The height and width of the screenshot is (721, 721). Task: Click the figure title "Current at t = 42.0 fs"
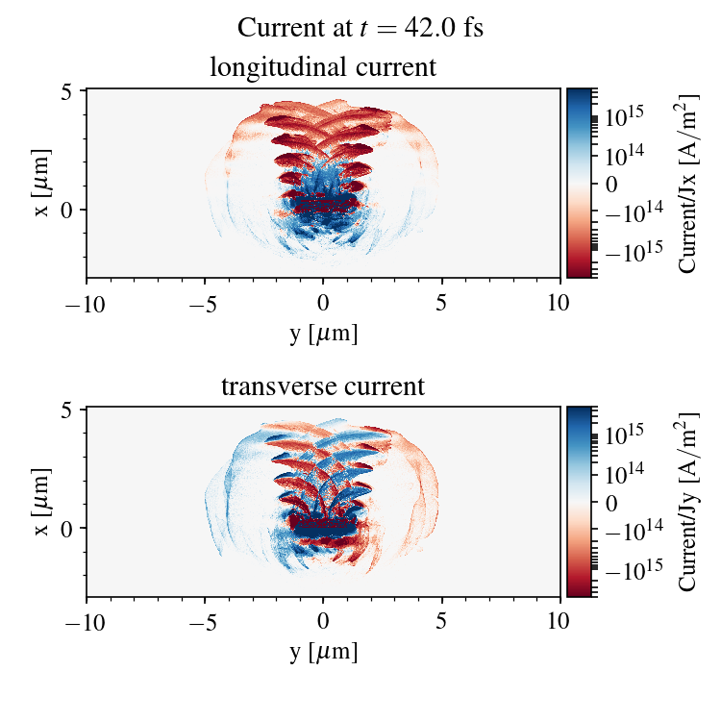pyautogui.click(x=360, y=28)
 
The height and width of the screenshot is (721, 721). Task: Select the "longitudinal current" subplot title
pyautogui.click(x=323, y=68)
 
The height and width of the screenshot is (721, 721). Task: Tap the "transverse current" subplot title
pyautogui.click(x=323, y=387)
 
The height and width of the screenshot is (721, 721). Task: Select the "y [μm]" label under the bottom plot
pyautogui.click(x=323, y=652)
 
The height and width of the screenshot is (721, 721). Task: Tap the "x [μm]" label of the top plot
pyautogui.click(x=40, y=183)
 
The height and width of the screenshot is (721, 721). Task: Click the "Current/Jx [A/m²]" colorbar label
pyautogui.click(x=687, y=183)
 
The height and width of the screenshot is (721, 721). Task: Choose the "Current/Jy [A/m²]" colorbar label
pyautogui.click(x=687, y=502)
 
